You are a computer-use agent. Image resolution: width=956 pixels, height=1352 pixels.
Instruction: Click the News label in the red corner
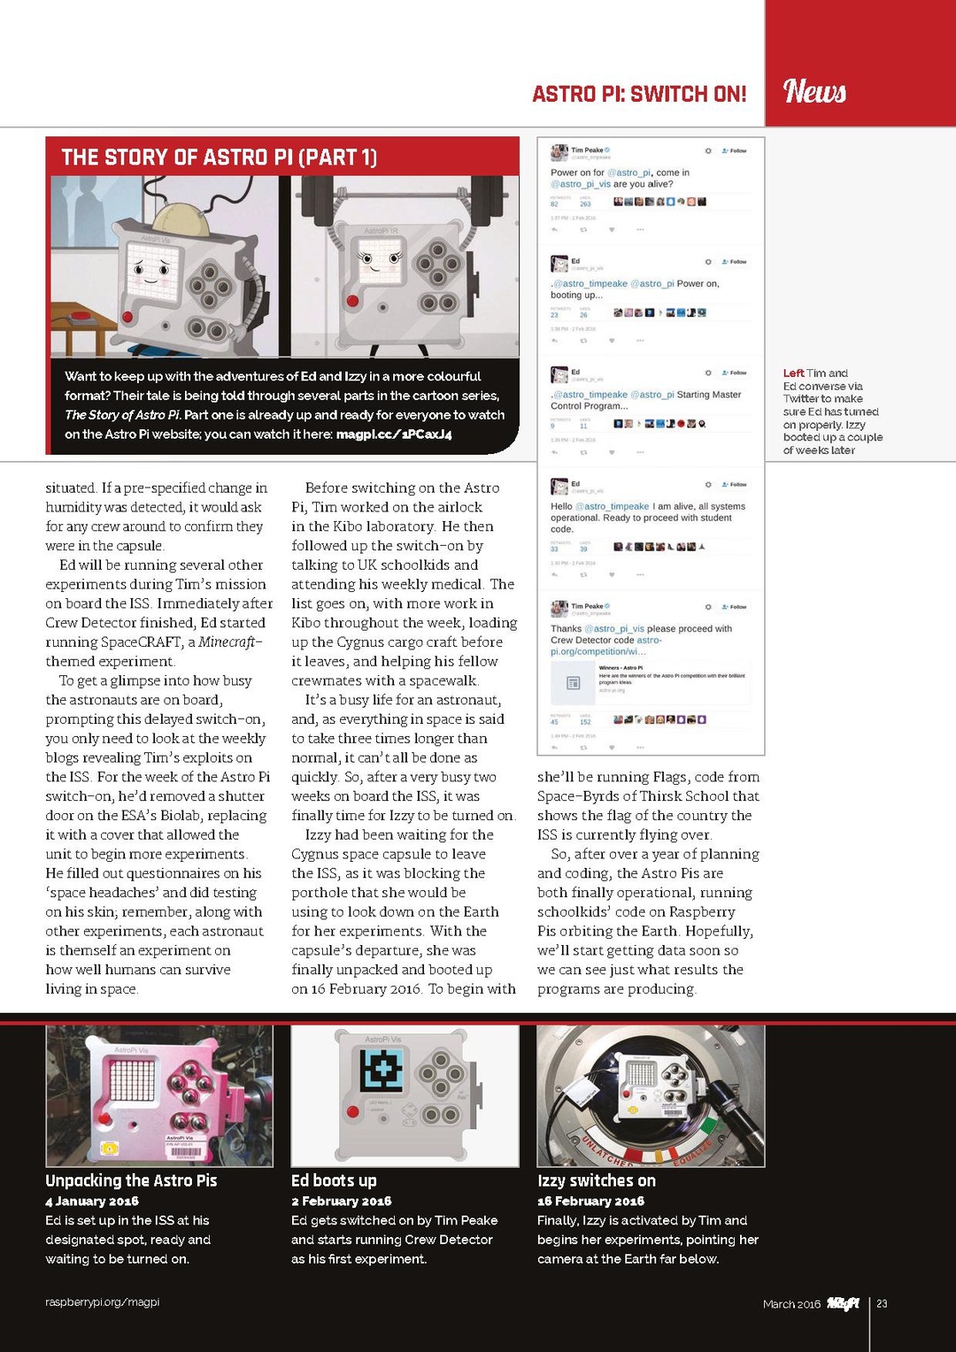pos(814,91)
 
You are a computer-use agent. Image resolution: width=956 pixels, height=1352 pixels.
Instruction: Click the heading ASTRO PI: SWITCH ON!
pos(638,94)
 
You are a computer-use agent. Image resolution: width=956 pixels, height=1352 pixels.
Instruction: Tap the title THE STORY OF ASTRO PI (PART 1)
pos(219,157)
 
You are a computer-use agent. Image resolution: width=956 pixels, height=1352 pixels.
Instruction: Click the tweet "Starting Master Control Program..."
pos(645,400)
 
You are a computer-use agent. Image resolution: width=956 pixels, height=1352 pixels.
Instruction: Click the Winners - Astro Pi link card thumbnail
pos(573,682)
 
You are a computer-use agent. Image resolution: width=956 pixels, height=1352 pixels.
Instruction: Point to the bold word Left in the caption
pos(793,373)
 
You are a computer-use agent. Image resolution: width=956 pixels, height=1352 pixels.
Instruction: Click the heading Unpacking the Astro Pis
pos(131,1180)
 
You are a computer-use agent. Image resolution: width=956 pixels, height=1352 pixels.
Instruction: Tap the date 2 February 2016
pos(341,1201)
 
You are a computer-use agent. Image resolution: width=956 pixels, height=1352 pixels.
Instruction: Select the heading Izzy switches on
pos(596,1180)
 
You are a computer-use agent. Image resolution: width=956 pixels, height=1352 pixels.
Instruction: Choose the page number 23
pos(882,1303)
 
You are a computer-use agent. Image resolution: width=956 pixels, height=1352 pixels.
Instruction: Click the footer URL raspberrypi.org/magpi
pos(102,1302)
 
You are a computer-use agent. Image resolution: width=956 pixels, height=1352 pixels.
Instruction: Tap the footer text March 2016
pos(791,1304)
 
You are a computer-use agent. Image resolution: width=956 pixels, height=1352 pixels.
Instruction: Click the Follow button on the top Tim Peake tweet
pos(735,151)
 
